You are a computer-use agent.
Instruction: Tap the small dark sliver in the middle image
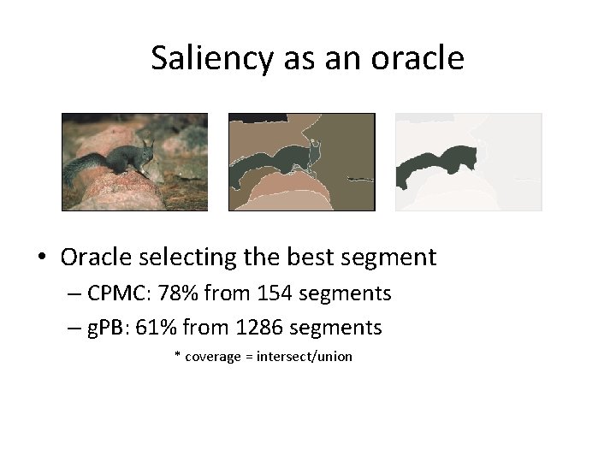coord(360,180)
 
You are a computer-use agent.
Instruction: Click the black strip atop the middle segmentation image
coord(257,117)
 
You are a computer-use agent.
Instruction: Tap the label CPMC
coord(117,293)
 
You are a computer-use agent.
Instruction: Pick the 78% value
coord(174,293)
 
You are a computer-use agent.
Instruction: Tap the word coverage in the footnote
coord(213,357)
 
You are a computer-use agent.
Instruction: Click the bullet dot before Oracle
coord(44,258)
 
